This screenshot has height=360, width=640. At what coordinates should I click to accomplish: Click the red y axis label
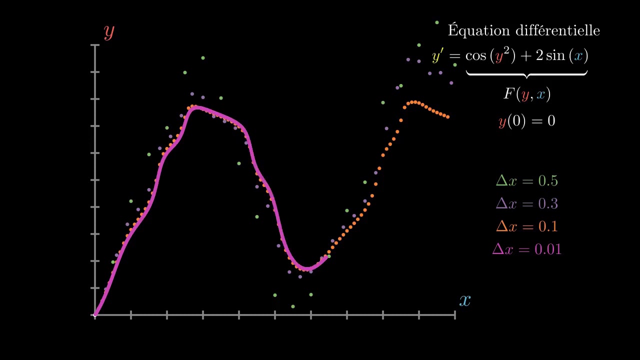click(109, 32)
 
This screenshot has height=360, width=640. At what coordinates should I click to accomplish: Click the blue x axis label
click(465, 300)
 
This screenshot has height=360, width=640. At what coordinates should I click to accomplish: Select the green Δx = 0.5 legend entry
click(526, 180)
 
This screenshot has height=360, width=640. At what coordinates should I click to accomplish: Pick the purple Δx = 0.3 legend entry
click(526, 203)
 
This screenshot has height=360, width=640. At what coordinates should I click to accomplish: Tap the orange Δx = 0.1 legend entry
click(526, 226)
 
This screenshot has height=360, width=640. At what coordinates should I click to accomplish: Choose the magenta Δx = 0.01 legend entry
click(526, 249)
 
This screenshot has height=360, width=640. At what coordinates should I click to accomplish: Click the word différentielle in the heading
click(556, 30)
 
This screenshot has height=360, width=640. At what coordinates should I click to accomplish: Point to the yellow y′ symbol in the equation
click(437, 56)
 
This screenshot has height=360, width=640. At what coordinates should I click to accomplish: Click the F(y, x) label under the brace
click(526, 94)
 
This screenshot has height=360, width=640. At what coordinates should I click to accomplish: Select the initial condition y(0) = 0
click(526, 121)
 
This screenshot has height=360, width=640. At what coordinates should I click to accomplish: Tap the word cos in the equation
click(475, 56)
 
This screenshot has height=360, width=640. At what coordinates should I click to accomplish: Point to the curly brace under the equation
click(526, 73)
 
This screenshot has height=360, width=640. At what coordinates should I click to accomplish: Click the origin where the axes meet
click(95, 315)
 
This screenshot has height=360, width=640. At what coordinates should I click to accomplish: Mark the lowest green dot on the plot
click(293, 306)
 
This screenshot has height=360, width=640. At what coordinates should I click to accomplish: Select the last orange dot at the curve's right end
click(448, 117)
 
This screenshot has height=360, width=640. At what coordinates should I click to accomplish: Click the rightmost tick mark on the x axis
click(454, 315)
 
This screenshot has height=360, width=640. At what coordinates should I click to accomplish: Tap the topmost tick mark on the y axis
click(95, 45)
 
